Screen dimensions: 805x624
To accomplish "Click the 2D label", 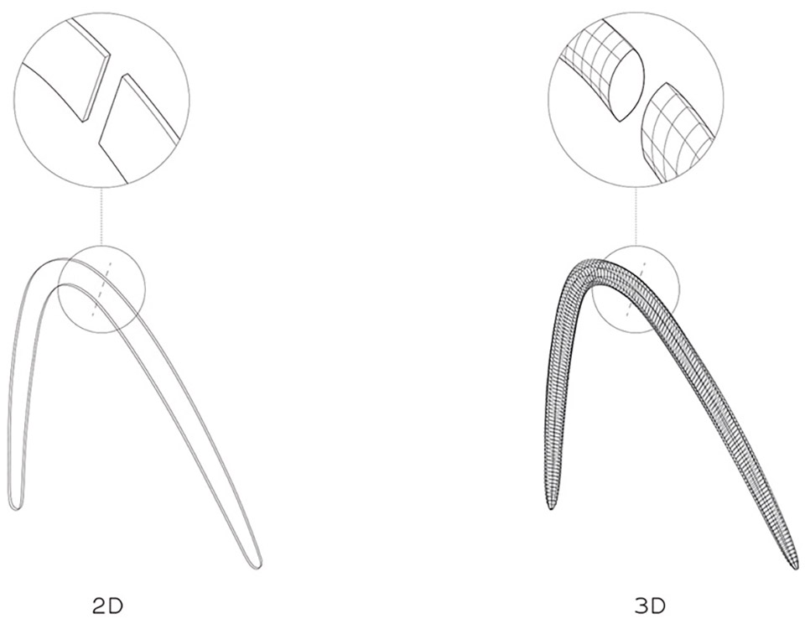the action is coord(108,606).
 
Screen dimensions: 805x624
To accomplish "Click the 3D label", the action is coord(650,606).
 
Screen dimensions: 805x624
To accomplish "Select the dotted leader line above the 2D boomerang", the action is coord(101,216).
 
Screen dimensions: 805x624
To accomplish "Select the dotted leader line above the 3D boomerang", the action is coord(636,216).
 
